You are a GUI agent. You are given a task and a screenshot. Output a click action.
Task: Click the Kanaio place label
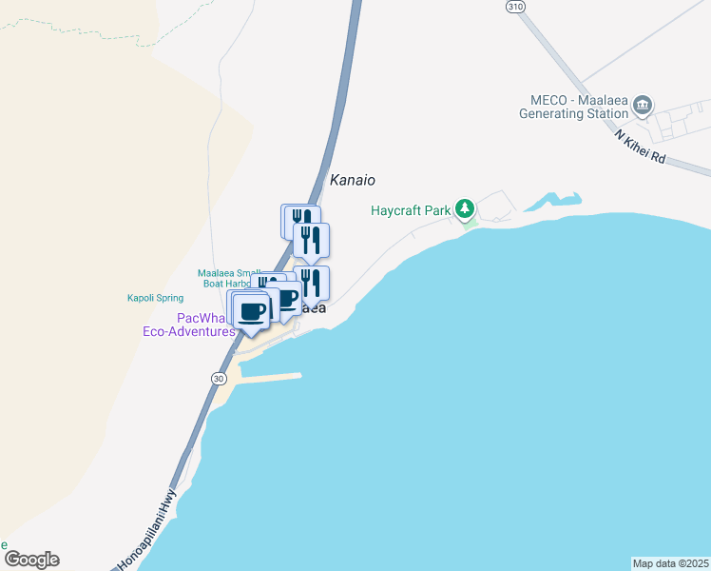[x=353, y=180]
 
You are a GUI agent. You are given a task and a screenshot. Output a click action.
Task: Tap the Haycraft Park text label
[x=411, y=210]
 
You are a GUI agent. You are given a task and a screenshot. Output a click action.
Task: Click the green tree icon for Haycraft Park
[x=464, y=208]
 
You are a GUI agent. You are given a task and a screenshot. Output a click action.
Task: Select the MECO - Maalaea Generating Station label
[x=574, y=107]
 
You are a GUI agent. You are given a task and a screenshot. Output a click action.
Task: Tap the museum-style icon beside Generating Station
[x=644, y=105]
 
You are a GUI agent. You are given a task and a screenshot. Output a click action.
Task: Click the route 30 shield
[x=219, y=378]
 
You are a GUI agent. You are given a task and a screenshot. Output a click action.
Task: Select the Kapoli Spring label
[x=155, y=298]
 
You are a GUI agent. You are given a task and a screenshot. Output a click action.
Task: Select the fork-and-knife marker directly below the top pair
[x=312, y=240]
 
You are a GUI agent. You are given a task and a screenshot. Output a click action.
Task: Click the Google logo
[x=31, y=560]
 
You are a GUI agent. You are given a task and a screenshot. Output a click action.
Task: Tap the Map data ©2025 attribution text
[x=670, y=563]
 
